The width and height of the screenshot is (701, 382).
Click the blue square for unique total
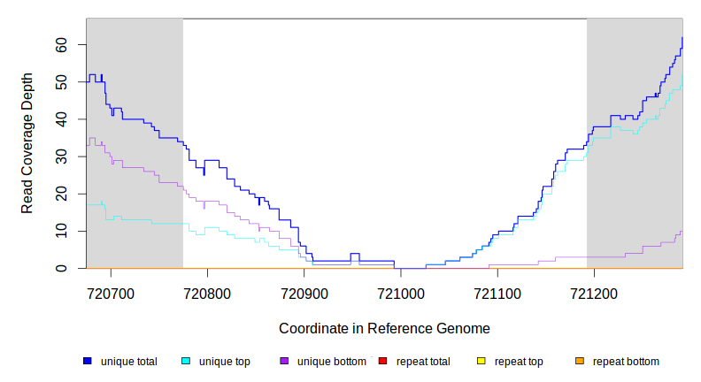tap(88, 362)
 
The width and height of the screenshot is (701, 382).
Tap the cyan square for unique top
tap(186, 362)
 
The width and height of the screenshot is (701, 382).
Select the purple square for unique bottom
tap(284, 362)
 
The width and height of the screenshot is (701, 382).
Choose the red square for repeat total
tap(382, 362)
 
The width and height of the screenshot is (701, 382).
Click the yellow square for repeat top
tap(481, 362)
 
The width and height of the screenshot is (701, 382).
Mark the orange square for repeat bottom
tap(579, 362)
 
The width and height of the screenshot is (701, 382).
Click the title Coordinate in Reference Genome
tap(384, 328)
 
